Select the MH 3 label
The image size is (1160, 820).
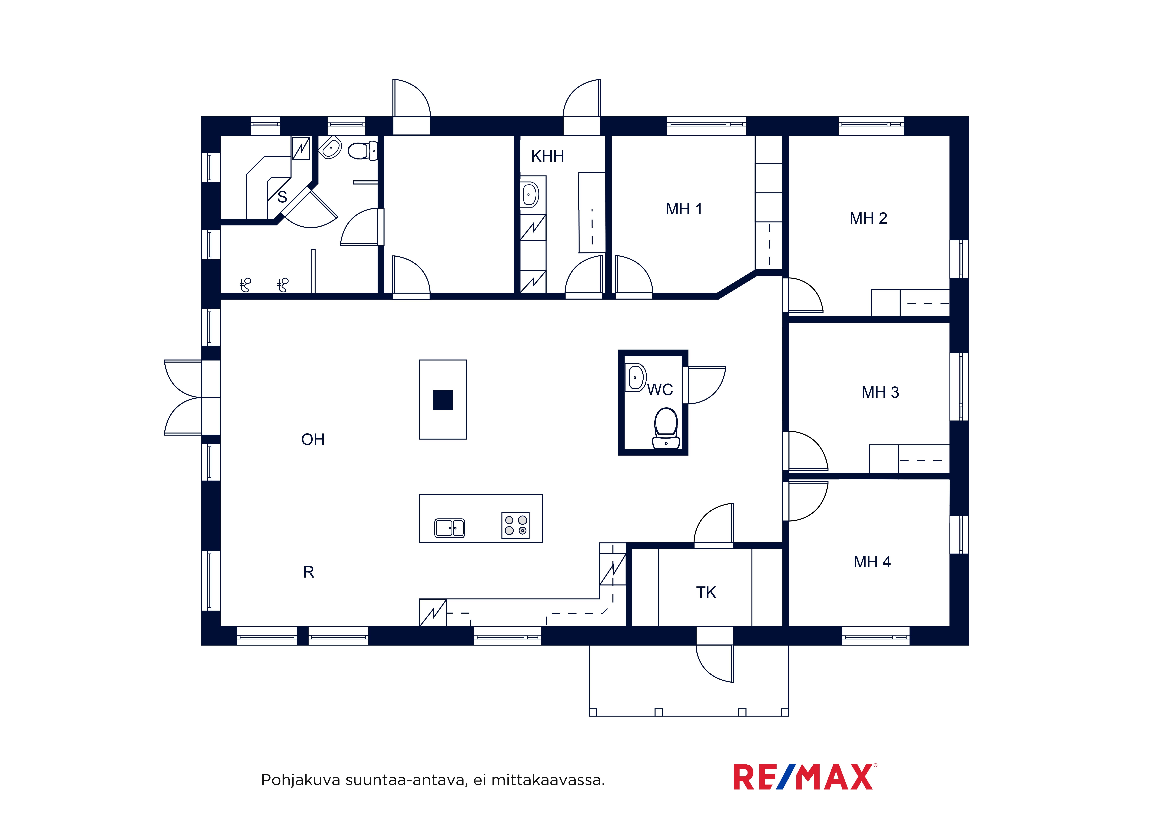[880, 393]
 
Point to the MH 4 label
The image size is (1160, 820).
[872, 562]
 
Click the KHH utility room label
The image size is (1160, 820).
[547, 157]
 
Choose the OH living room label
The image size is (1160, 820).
[313, 440]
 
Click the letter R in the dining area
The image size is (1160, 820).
[309, 572]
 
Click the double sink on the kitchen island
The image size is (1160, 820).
[450, 528]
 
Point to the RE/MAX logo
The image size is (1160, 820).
[805, 777]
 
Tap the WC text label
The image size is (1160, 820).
[660, 390]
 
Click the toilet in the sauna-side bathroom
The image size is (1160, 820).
[362, 151]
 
